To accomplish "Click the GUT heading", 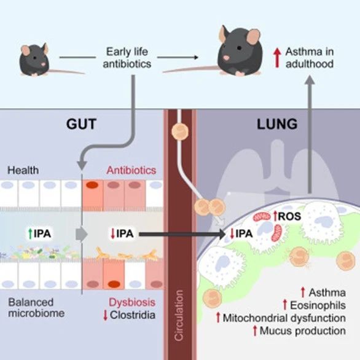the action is coord(81,124).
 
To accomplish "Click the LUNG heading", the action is coord(277,124).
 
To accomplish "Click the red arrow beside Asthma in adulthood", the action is coord(277,58).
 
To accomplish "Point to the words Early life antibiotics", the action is coord(127,58).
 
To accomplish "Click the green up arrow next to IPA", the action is coord(30,233).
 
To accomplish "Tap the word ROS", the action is coord(289,216).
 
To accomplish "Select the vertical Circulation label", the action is coord(179,315).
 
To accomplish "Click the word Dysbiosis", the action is coord(132,302).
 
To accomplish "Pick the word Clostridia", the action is coord(133,315).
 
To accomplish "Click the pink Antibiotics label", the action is coord(131,170).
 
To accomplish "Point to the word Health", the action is coord(23,170).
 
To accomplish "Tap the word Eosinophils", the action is coord(318,305).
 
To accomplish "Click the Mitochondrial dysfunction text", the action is coord(284,318).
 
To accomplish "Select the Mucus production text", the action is coord(303,331).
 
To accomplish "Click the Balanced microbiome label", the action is coord(36,308).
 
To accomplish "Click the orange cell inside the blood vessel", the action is coord(180,132).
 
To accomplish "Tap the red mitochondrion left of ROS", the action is coord(262,217).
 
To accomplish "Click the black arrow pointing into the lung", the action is coord(182,234).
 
